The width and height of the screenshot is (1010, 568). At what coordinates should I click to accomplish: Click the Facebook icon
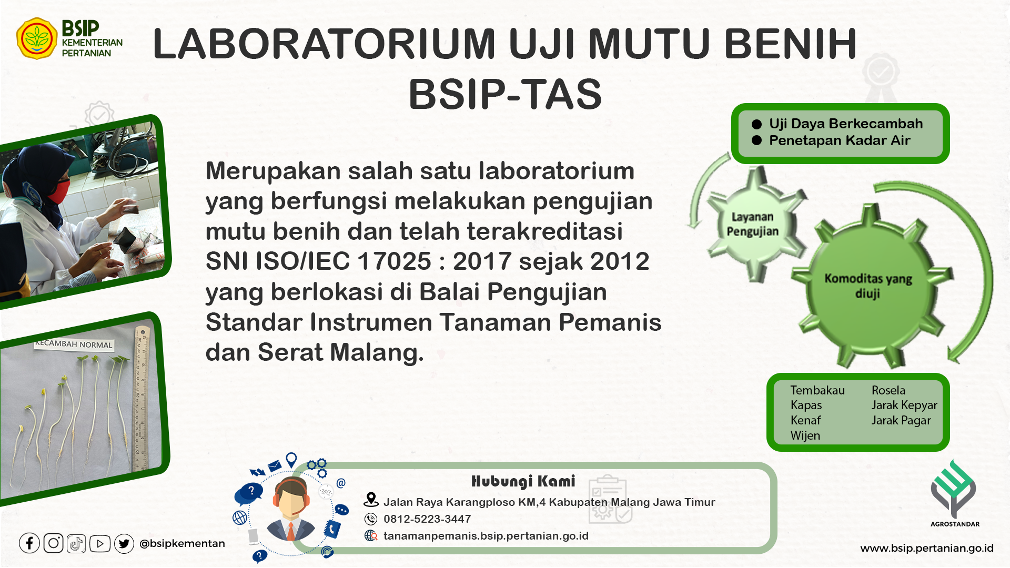(29, 543)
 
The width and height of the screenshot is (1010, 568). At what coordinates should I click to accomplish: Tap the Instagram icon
(53, 543)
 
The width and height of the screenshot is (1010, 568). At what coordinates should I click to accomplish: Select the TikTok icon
(76, 543)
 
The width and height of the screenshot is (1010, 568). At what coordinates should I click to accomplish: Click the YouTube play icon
(100, 543)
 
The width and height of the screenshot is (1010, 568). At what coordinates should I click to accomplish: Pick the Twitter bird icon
(124, 543)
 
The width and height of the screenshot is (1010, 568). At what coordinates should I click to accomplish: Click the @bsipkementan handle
(182, 543)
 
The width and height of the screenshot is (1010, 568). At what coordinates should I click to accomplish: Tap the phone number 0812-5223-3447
(427, 519)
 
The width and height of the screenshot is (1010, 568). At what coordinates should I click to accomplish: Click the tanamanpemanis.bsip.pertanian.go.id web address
(486, 536)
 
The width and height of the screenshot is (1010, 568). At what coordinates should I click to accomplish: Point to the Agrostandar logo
(954, 493)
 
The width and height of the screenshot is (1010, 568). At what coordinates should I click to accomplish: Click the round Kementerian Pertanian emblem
(37, 38)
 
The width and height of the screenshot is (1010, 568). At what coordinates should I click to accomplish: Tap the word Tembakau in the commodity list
(817, 390)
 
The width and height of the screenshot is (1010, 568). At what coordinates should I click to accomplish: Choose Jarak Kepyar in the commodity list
(904, 405)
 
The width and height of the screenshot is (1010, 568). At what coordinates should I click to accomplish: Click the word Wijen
(805, 435)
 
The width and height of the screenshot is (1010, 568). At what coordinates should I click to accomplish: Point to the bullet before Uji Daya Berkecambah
(757, 124)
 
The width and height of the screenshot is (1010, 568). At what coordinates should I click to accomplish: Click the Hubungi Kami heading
(523, 481)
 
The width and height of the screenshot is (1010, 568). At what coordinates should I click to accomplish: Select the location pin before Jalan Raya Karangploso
(371, 500)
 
